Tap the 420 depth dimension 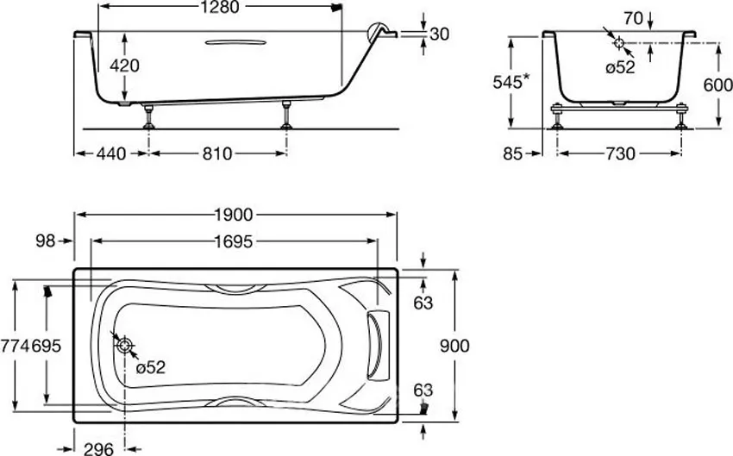[x=124, y=66]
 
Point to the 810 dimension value [x=216, y=153]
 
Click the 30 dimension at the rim [x=439, y=34]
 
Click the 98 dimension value [x=44, y=242]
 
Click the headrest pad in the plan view [x=378, y=345]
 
